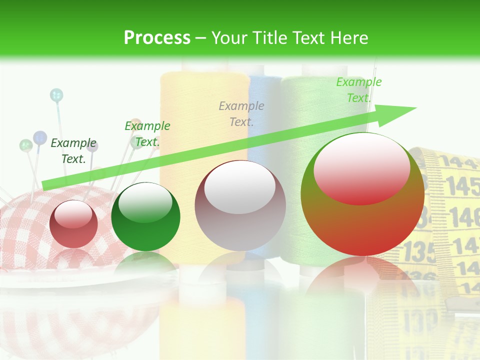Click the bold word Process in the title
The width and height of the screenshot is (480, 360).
pyautogui.click(x=157, y=37)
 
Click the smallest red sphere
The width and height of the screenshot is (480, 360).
pyautogui.click(x=74, y=224)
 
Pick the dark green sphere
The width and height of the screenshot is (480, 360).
pyautogui.click(x=145, y=216)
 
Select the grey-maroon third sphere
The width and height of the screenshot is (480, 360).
pyautogui.click(x=240, y=205)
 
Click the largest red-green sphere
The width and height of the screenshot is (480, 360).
pyautogui.click(x=362, y=194)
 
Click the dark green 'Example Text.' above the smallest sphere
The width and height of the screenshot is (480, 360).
pyautogui.click(x=73, y=151)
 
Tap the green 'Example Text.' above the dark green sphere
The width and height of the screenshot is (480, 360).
pyautogui.click(x=147, y=134)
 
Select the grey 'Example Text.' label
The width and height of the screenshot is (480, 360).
pyautogui.click(x=241, y=113)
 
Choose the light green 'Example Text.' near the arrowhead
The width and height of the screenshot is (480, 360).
pyautogui.click(x=358, y=90)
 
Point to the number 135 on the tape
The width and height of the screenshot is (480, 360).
pyautogui.click(x=419, y=251)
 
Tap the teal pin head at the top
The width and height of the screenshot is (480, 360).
pyautogui.click(x=56, y=95)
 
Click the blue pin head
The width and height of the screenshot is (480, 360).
pyautogui.click(x=40, y=137)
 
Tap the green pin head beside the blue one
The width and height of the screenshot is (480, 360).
pyautogui.click(x=26, y=145)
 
